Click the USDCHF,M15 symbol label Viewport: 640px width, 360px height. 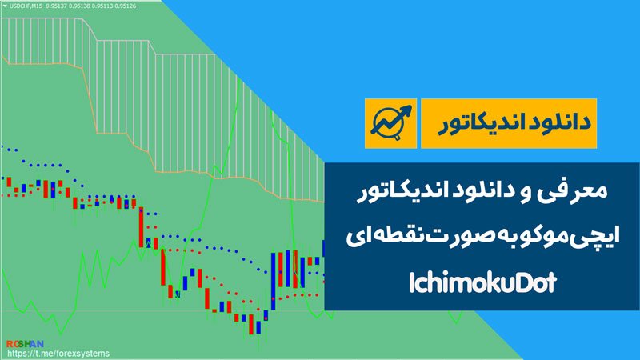[26, 6]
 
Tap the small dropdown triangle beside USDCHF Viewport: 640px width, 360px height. [5, 6]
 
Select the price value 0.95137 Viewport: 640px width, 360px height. [56, 6]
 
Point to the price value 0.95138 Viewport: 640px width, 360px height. [79, 6]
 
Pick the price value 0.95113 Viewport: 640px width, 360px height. [102, 6]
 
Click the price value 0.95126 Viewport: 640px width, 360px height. [126, 6]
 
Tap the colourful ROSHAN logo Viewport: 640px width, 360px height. [25, 344]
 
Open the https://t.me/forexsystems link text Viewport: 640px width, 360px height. [58, 354]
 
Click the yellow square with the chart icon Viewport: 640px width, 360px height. [390, 123]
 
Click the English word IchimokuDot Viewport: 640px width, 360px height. [482, 282]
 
